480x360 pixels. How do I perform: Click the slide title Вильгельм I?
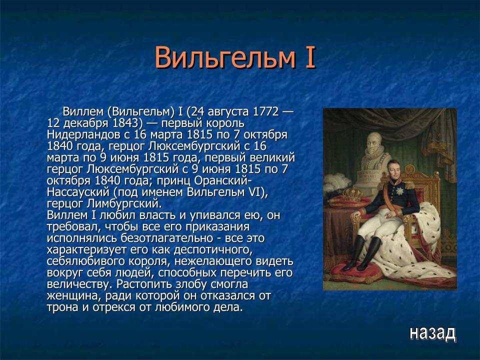click(x=235, y=57)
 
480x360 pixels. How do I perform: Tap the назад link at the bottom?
click(x=432, y=332)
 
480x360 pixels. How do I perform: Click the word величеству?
click(x=77, y=284)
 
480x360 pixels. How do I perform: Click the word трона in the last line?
click(x=62, y=307)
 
